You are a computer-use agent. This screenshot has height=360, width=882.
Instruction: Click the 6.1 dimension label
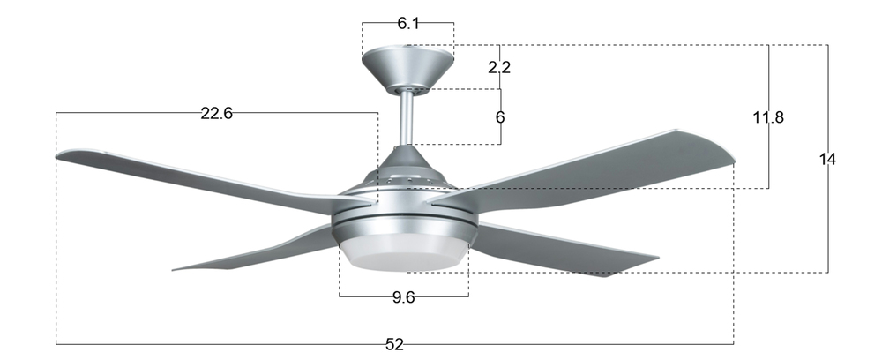point(408,23)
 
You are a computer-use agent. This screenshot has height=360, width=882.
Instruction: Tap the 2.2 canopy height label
point(499,67)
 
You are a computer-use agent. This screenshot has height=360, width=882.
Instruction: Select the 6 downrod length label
point(500,117)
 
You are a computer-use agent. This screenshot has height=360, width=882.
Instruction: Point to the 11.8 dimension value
point(768,117)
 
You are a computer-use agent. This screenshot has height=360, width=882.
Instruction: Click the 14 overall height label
point(827,159)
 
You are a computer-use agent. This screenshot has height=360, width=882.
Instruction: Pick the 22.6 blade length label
point(217,113)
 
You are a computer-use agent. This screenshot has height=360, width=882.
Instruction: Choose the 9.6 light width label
point(404,297)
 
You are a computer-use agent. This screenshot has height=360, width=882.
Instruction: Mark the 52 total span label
point(394,344)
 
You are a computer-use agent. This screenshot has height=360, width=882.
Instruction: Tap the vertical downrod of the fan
point(407,118)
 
